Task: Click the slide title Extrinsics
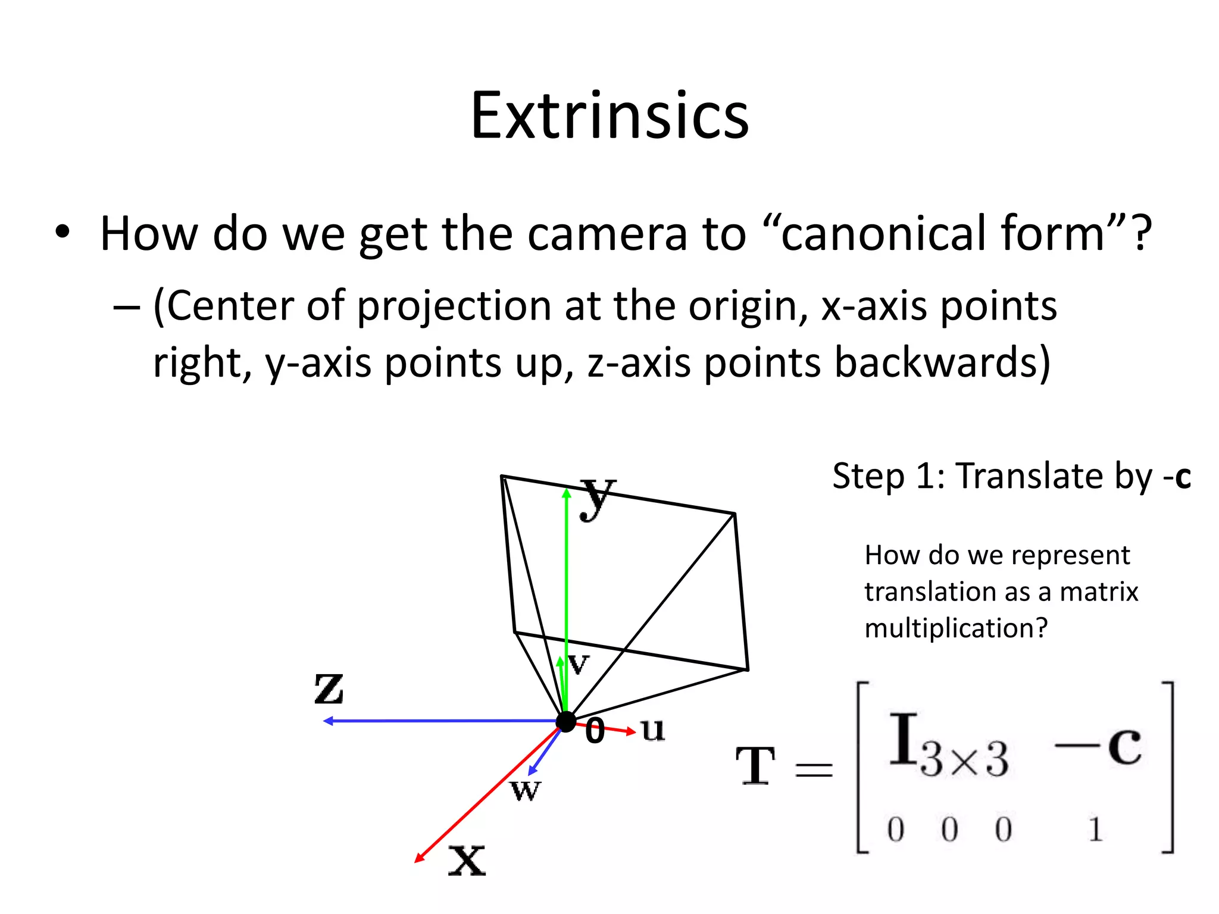[609, 115]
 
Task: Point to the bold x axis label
[467, 860]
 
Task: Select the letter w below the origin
[526, 790]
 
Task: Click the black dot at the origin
[565, 722]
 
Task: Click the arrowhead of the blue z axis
[327, 721]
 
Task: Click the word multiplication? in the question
[956, 628]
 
